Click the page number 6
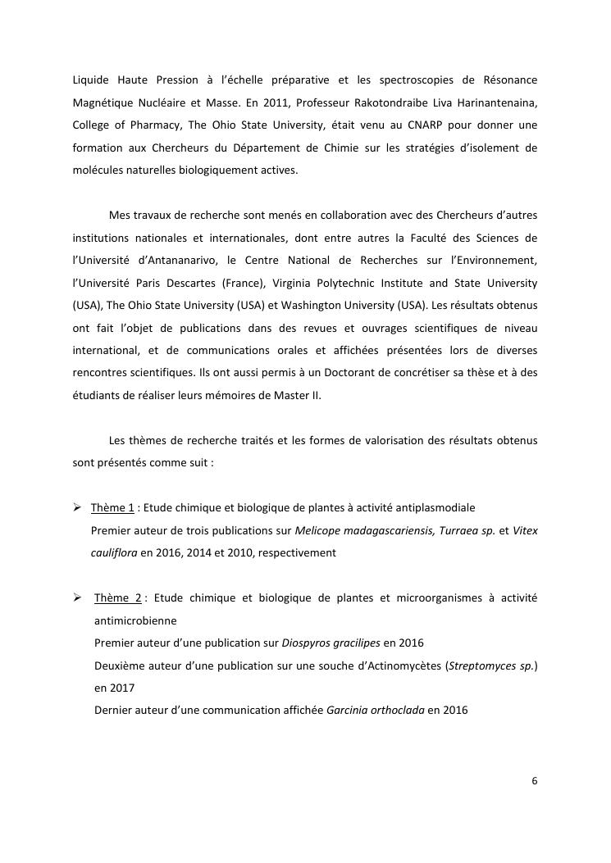point(534,780)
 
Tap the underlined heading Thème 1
point(112,508)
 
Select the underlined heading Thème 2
point(118,598)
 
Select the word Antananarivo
point(176,261)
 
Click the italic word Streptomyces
point(483,665)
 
